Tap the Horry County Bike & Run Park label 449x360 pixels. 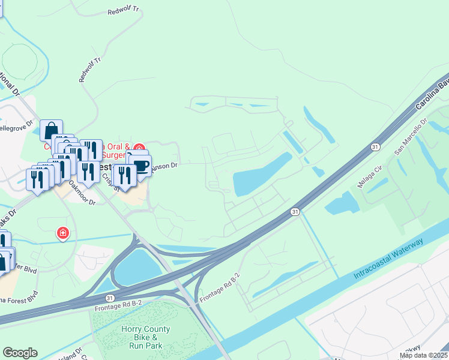click(x=145, y=338)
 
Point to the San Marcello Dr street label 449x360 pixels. click(x=409, y=137)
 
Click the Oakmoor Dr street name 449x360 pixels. click(x=82, y=193)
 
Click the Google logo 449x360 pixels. click(x=20, y=353)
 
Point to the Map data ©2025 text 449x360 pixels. click(x=423, y=355)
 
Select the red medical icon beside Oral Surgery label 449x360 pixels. click(x=139, y=148)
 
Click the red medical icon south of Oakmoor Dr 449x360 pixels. click(x=62, y=232)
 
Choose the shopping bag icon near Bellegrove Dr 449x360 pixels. click(x=51, y=130)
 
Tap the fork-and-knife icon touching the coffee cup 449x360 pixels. click(x=124, y=175)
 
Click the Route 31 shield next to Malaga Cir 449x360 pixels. click(x=375, y=147)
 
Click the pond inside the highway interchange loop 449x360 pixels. click(x=137, y=268)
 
